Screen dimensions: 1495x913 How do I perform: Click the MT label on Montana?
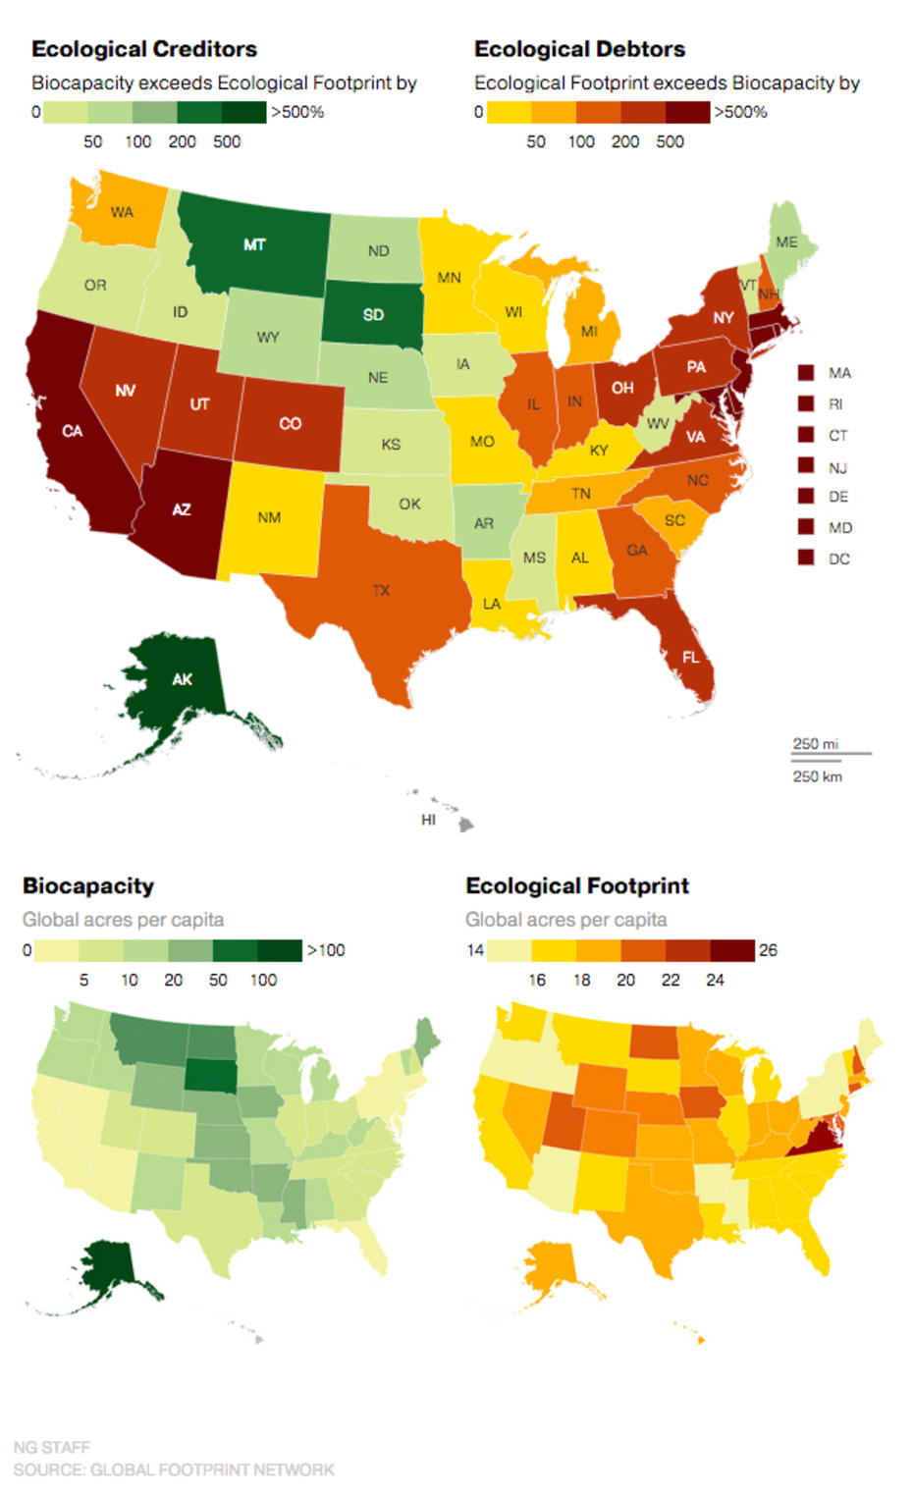point(254,244)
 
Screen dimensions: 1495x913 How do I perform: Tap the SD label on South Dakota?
point(373,315)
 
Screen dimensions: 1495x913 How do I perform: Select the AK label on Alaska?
point(183,679)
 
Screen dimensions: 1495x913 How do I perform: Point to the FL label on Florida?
point(691,657)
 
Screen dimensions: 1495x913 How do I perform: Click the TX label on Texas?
point(381,590)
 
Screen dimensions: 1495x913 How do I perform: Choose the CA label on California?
point(73,431)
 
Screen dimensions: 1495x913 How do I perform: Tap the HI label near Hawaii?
point(428,820)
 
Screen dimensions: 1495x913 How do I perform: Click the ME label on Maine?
point(786,241)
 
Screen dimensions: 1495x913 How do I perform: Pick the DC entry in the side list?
point(838,559)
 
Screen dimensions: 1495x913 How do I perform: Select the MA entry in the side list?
point(839,373)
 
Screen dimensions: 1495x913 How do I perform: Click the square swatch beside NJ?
point(806,466)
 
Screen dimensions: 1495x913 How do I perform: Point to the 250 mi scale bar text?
point(816,743)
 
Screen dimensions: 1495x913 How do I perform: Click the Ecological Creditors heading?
point(144,49)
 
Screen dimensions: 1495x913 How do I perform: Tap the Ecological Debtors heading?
point(579,49)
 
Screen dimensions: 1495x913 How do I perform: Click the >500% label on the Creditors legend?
point(297,112)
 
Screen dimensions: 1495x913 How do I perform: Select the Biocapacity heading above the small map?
point(88,885)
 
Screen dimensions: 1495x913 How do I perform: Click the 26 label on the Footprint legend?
point(768,949)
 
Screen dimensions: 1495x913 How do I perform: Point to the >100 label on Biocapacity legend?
point(326,949)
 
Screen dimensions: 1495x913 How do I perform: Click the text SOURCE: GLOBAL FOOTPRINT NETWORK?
point(174,1469)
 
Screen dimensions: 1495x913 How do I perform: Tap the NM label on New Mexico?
point(269,517)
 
